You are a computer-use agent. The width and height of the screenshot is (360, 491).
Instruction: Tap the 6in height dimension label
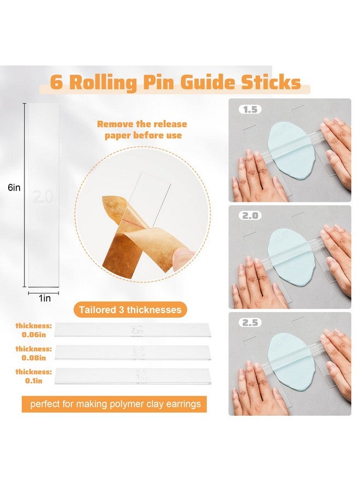14,187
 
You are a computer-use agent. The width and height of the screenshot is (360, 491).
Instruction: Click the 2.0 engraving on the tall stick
43,196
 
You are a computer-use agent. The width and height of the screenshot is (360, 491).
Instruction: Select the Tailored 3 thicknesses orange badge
129,310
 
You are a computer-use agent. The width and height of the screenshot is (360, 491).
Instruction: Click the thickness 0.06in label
33,330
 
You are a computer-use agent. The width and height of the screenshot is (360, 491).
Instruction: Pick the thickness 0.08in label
33,352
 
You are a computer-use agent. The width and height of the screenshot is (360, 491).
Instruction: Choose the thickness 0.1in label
33,375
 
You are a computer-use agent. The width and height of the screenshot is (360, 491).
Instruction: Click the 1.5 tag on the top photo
250,109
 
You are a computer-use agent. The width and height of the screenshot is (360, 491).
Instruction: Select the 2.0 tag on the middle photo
250,215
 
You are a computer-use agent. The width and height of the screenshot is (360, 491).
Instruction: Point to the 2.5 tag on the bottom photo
250,322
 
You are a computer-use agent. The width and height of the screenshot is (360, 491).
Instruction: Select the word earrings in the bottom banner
178,404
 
